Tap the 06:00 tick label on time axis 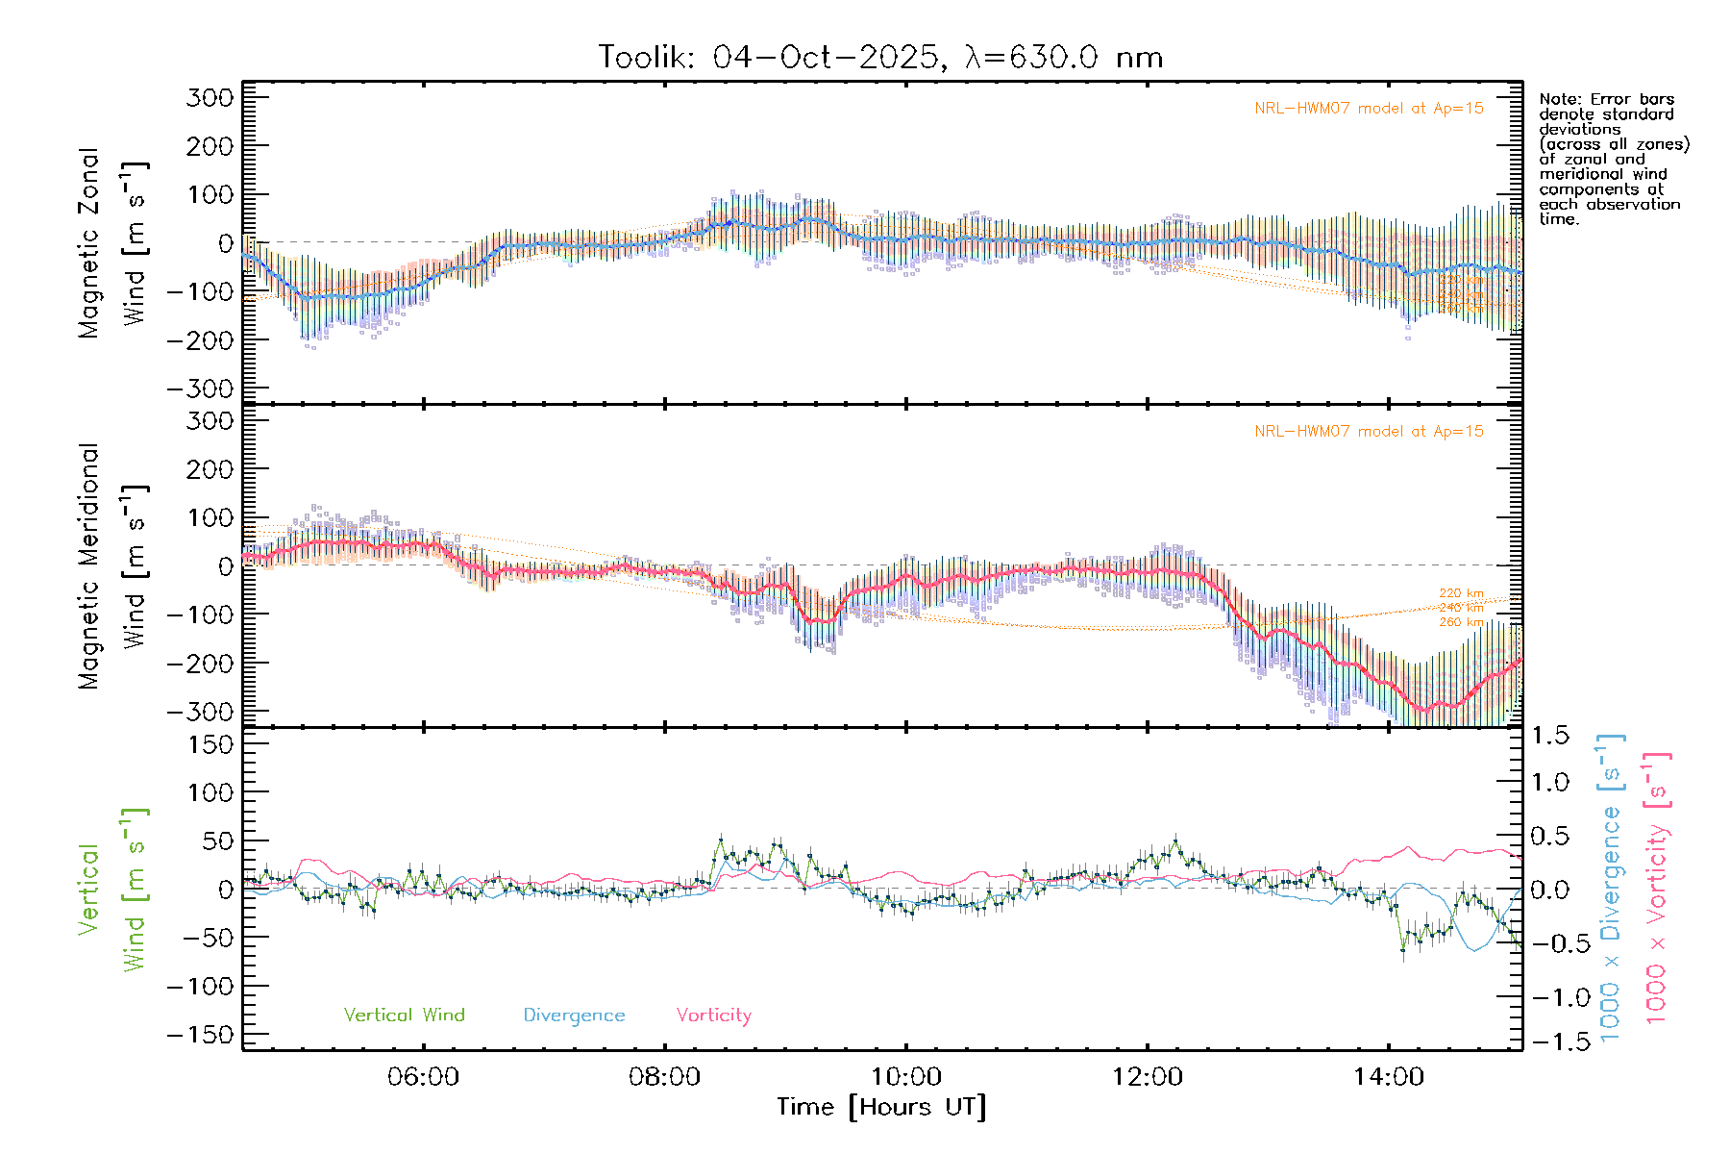click(x=423, y=1077)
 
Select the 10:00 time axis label click(x=905, y=1077)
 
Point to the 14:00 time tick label click(x=1388, y=1077)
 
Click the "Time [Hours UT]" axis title click(x=881, y=1107)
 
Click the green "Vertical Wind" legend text click(x=404, y=1015)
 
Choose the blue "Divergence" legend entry click(x=574, y=1016)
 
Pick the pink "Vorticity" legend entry click(x=713, y=1015)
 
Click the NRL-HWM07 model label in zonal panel click(x=1369, y=109)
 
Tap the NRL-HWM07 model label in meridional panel click(x=1369, y=432)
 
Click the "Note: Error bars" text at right click(x=1606, y=99)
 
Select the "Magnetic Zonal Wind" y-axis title click(x=113, y=242)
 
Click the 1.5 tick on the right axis click(x=1549, y=736)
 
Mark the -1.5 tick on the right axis click(x=1546, y=1042)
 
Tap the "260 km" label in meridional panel click(x=1461, y=622)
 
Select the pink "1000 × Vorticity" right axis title click(x=1657, y=888)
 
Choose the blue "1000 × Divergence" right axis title click(x=1611, y=888)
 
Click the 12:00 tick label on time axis click(x=1147, y=1077)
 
